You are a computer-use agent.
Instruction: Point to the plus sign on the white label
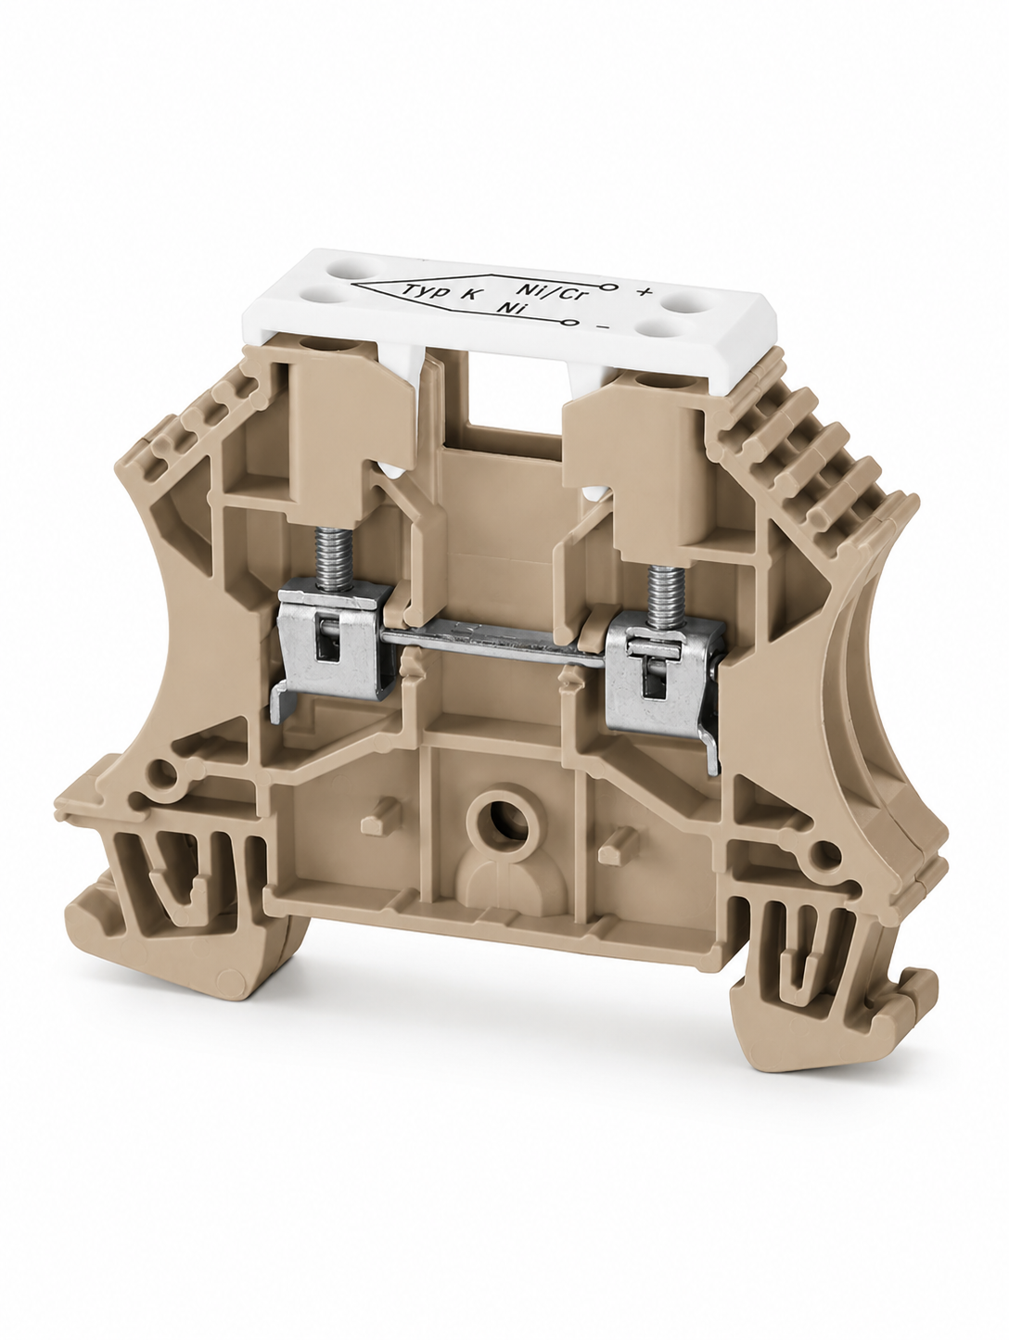point(645,292)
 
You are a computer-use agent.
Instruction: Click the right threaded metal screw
point(663,589)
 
